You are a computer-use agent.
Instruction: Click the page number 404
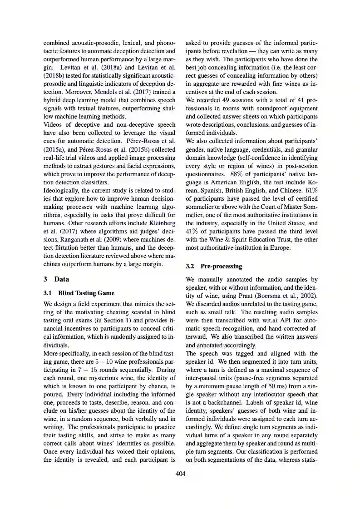click(x=180, y=474)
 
